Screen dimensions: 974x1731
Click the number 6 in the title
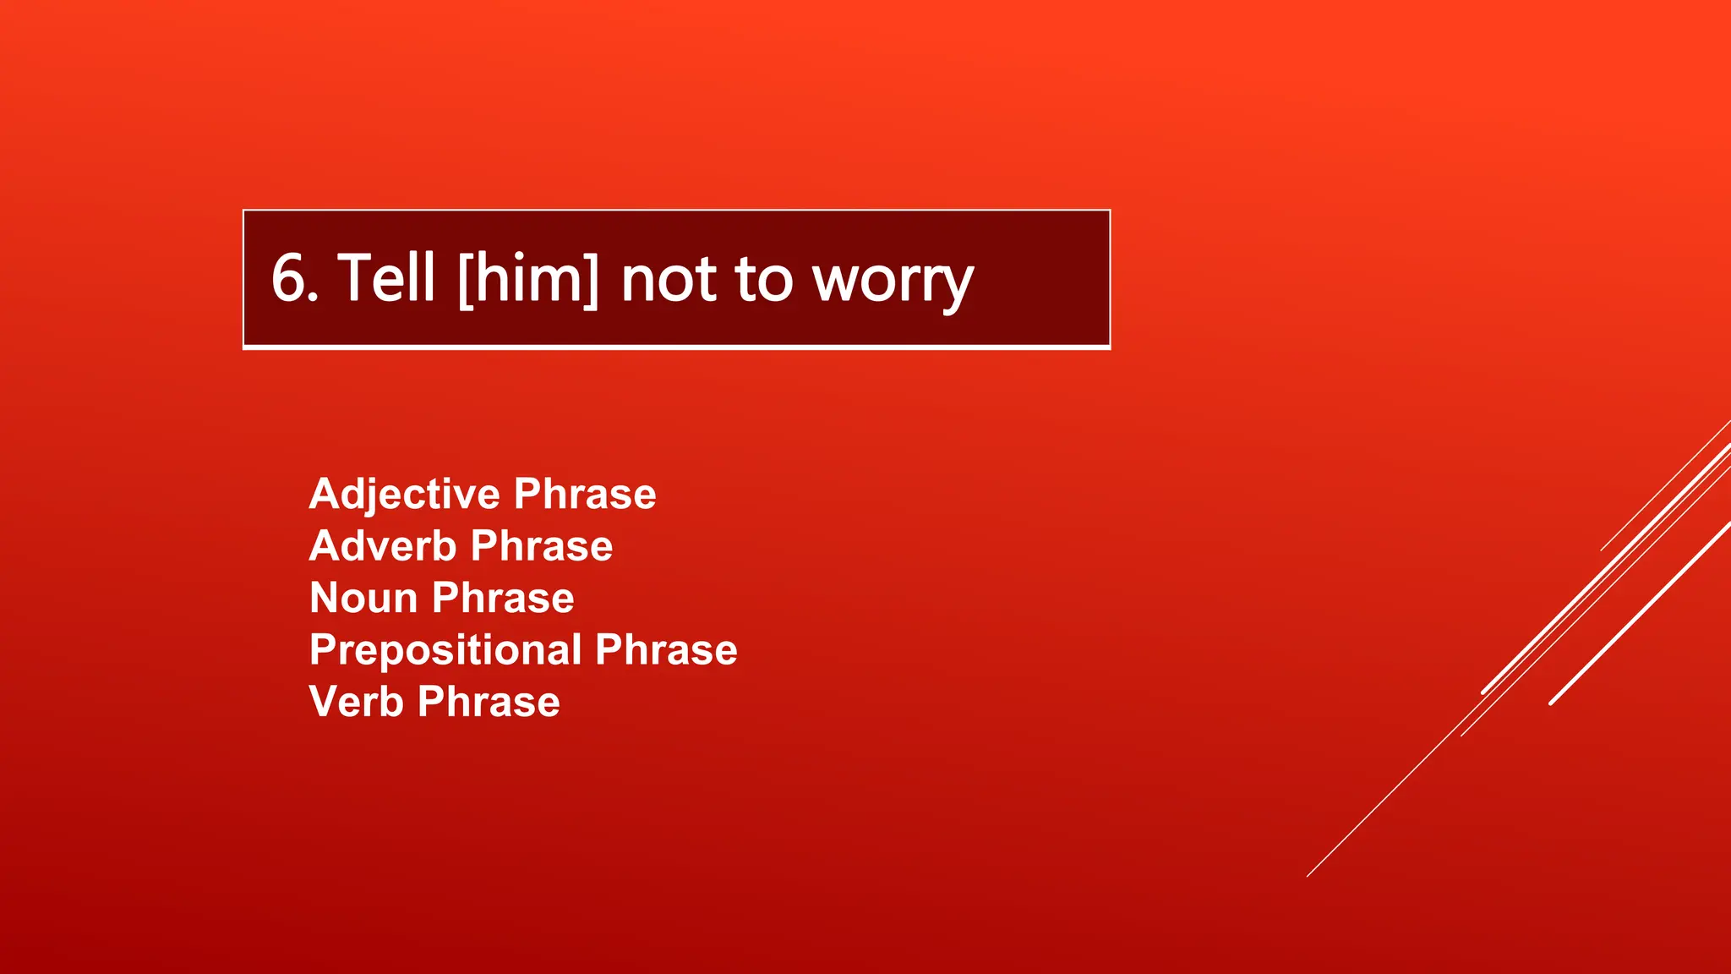(289, 279)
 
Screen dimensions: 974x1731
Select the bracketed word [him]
(528, 279)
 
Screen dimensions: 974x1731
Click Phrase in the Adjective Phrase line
(584, 494)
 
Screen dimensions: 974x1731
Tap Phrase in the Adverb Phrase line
(541, 546)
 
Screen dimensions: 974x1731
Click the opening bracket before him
(465, 279)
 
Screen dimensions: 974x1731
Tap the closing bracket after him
(591, 279)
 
